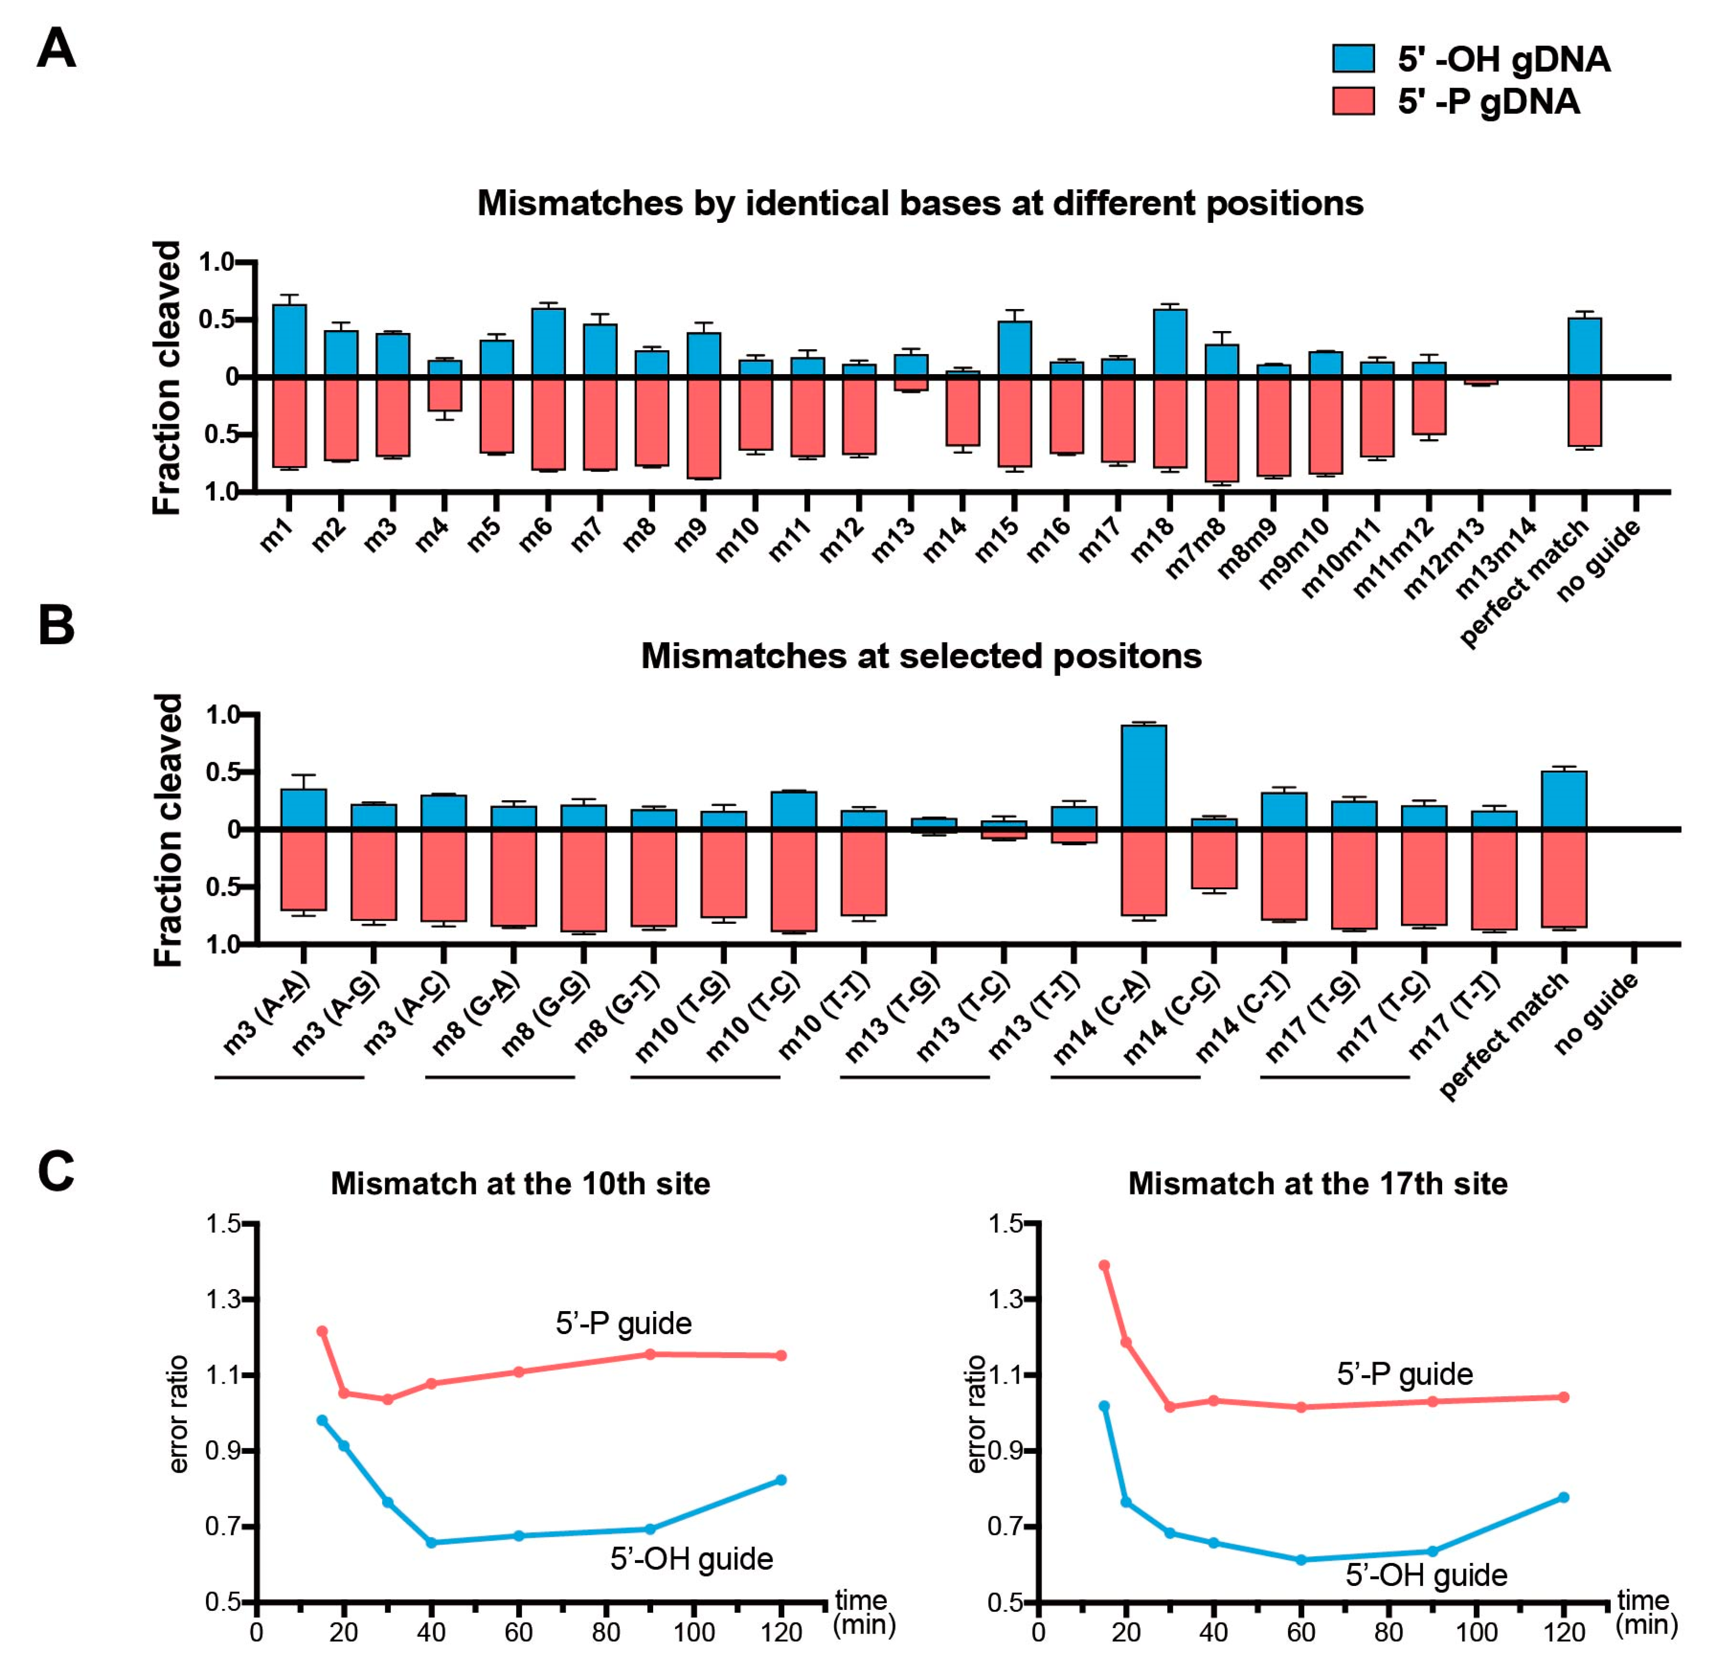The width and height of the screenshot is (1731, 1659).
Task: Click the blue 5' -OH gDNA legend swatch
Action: coord(1353,59)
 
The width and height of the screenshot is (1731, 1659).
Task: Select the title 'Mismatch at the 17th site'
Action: coord(1318,1184)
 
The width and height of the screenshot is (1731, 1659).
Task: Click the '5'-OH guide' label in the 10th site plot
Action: coord(692,1559)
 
